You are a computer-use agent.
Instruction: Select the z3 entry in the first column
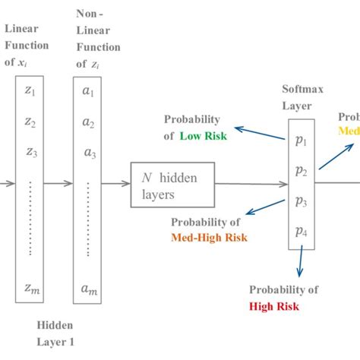pos(30,152)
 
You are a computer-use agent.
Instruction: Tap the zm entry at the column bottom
pos(30,288)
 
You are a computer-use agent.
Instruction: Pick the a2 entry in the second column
pos(89,122)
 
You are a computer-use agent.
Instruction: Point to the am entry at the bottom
pos(89,288)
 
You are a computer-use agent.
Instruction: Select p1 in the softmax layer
pos(302,141)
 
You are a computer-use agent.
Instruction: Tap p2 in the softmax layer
pos(302,171)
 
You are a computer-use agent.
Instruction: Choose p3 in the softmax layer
pos(302,201)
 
